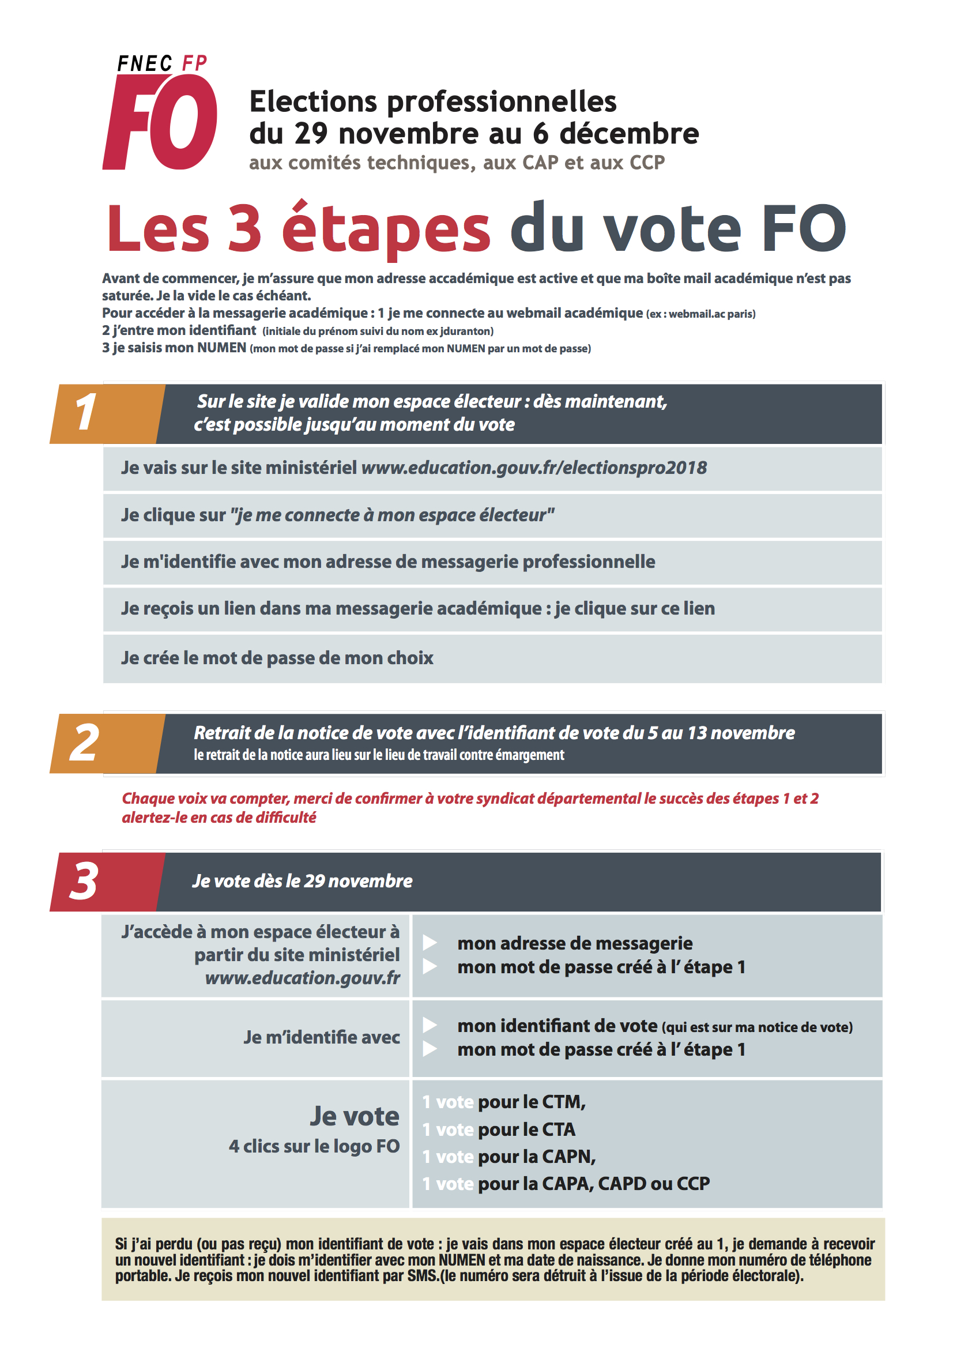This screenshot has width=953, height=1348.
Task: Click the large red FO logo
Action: click(160, 122)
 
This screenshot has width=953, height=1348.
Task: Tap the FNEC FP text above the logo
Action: click(162, 63)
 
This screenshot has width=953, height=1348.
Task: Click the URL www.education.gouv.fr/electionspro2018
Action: click(534, 468)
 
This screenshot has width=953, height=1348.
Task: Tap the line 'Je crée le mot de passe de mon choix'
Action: click(277, 658)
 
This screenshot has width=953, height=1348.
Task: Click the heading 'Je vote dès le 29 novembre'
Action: click(303, 881)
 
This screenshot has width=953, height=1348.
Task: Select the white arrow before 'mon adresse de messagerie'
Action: click(430, 943)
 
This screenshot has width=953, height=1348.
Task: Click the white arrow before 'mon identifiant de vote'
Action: click(430, 1025)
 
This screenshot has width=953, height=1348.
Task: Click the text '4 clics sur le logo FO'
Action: click(314, 1146)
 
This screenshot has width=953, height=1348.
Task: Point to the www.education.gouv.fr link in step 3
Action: click(303, 978)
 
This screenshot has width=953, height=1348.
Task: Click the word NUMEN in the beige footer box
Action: click(462, 1260)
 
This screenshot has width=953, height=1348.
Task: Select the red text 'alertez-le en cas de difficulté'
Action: click(219, 817)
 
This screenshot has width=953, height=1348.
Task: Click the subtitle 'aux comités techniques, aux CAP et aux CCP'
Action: click(457, 163)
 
